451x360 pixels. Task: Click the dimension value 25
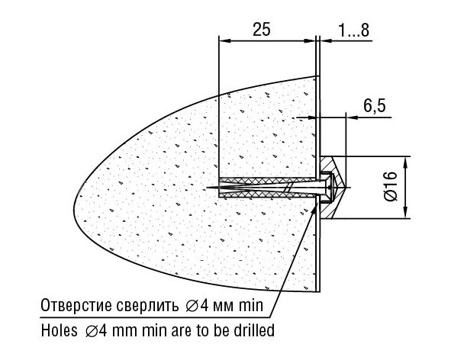point(262,29)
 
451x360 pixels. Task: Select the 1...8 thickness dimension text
point(353,30)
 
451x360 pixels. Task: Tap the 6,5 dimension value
point(374,105)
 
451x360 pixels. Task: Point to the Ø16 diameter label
point(390,186)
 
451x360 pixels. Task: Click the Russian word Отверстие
point(77,305)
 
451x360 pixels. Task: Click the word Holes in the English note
point(60,330)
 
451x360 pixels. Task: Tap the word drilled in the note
point(254,330)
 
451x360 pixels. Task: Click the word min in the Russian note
point(251,305)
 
